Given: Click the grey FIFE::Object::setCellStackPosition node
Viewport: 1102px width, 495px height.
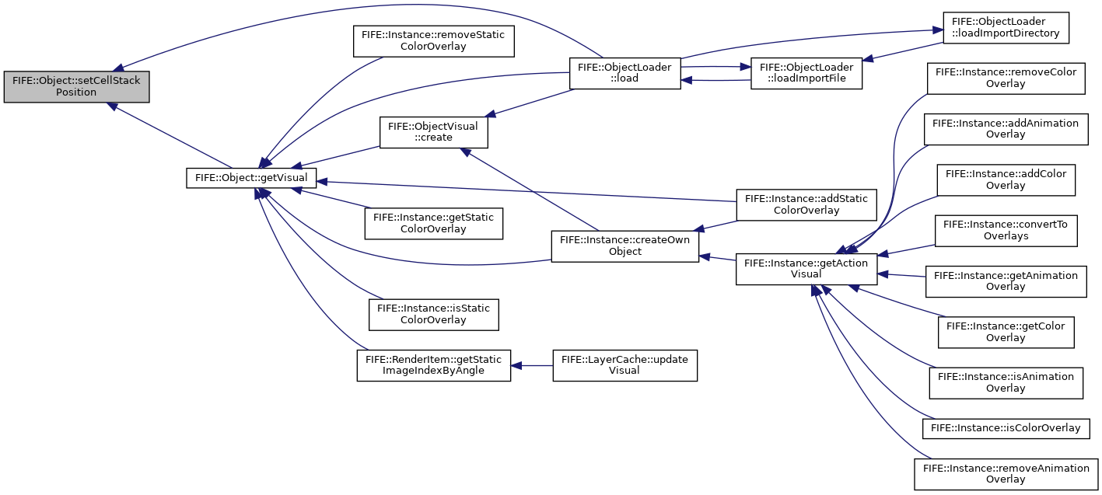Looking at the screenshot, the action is [76, 86].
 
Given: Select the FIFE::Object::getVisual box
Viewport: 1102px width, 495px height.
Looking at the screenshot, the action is [251, 177].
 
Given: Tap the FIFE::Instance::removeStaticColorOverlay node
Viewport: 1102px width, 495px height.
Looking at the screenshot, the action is [433, 41].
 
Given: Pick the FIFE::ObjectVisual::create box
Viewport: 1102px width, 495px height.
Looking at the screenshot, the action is [433, 132].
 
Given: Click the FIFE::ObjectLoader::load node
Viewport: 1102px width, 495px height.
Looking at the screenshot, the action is [624, 73].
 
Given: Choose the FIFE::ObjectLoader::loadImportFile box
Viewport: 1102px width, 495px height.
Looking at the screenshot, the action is [806, 73].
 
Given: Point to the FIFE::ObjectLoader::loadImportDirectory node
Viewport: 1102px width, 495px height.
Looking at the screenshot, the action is [1006, 27].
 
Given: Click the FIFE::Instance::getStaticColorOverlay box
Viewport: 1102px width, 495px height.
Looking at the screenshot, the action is [433, 223].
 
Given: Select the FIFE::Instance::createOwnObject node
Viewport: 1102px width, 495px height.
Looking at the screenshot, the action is [624, 246].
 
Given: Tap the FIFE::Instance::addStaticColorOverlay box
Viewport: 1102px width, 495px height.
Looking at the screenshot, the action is [806, 204].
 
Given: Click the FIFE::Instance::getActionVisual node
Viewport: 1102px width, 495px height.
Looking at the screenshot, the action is [806, 269].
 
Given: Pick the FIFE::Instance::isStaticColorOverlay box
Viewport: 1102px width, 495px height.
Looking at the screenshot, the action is [433, 315].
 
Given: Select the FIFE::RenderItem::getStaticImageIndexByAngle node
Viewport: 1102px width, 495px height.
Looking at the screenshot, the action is [433, 365].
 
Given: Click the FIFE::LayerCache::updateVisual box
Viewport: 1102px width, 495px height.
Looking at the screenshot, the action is [624, 365].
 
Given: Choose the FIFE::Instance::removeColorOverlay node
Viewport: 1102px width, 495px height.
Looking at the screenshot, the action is [1006, 78].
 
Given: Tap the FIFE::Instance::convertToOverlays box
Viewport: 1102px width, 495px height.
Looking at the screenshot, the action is [1006, 231].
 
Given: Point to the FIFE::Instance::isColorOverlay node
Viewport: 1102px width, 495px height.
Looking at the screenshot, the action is [1006, 428].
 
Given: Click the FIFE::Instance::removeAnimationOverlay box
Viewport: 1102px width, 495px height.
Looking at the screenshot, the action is [1006, 474].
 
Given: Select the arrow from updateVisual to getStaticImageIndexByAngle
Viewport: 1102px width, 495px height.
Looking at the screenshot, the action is [532, 366].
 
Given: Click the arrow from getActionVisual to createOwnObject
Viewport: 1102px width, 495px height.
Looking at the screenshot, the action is [717, 257].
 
